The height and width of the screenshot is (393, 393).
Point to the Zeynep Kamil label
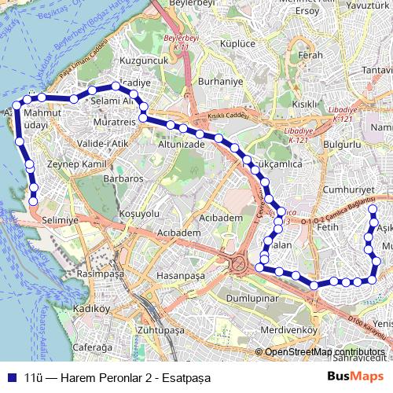pos(76,164)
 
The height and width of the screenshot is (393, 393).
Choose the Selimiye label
pos(61,221)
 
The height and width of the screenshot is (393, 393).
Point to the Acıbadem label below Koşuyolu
pos(174,233)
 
